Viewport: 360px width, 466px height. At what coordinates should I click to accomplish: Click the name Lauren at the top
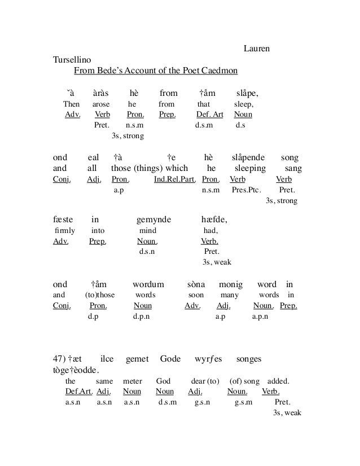click(256, 49)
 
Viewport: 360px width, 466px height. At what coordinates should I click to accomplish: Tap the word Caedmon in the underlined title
click(216, 71)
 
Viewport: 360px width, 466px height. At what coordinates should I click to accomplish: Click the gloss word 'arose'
click(101, 104)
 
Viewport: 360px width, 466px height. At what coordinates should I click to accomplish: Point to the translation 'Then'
click(72, 104)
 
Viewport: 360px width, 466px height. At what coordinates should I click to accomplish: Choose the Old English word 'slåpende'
click(249, 157)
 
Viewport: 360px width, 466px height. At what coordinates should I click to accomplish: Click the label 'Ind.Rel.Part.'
click(174, 179)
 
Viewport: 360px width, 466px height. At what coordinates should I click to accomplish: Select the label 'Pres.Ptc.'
click(246, 190)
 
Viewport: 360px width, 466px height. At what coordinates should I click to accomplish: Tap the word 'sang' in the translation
click(293, 169)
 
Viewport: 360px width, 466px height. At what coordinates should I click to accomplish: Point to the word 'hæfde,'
click(214, 219)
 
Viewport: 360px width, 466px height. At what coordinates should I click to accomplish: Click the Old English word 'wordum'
click(148, 284)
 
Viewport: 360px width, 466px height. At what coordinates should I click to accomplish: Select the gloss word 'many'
click(229, 294)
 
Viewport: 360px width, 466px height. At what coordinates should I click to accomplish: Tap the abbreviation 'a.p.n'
click(260, 316)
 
